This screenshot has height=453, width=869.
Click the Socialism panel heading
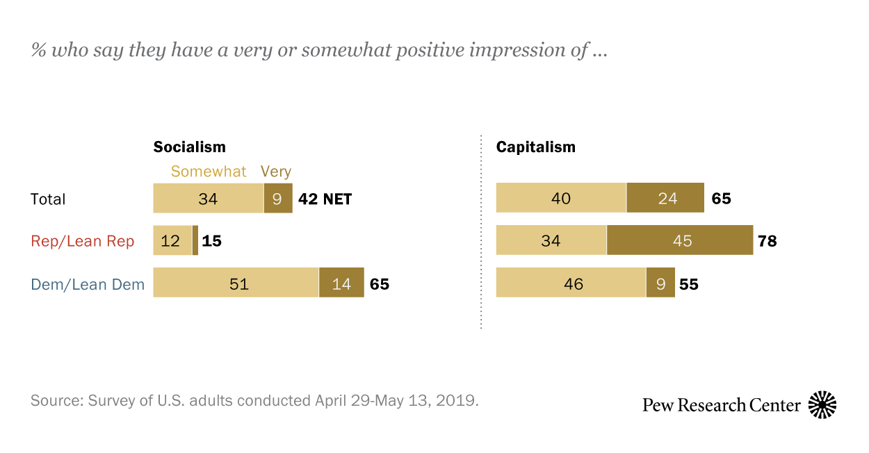coord(189,147)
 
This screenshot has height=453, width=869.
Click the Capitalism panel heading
coord(535,147)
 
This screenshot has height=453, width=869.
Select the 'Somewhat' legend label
coord(209,172)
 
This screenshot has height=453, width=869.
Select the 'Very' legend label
coord(275,172)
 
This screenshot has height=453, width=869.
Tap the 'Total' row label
coord(48,199)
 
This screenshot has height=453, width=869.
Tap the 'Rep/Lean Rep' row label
coord(82,241)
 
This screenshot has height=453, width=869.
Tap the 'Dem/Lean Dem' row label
coord(88,283)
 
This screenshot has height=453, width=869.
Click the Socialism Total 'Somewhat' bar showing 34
coord(208,199)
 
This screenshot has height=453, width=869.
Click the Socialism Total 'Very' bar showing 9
coord(277,199)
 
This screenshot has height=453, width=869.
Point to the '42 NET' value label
coord(325,199)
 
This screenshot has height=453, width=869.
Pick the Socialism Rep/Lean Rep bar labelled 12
coord(172,241)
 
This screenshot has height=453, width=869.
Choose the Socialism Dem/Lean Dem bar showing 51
coord(236,283)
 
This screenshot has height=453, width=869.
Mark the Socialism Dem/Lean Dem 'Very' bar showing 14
coord(341,283)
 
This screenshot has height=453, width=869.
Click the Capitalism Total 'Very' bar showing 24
coord(665,199)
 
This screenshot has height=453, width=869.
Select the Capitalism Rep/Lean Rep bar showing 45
coord(680,240)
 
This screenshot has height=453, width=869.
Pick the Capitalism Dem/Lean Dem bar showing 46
coord(571,283)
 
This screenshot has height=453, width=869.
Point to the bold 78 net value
coord(768,241)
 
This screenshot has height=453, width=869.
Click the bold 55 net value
coord(688,283)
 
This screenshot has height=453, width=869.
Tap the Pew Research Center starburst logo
coord(822,404)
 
